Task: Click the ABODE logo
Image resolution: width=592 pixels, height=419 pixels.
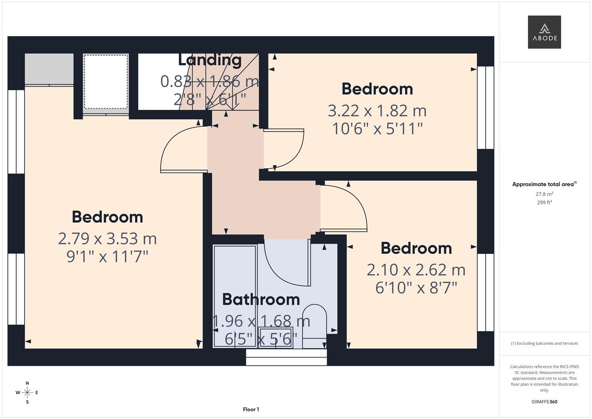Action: tap(544, 32)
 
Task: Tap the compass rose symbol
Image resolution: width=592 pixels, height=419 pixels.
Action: tap(27, 393)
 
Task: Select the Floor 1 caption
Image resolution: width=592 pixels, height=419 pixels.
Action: tap(251, 409)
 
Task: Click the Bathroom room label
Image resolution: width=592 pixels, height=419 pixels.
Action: tap(261, 300)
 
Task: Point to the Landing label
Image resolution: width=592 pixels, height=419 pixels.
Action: tap(210, 60)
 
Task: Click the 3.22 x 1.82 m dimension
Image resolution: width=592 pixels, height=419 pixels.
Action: tap(377, 111)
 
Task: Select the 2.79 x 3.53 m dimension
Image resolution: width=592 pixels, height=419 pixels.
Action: tap(107, 239)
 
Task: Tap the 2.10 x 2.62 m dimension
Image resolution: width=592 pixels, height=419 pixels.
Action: tap(416, 270)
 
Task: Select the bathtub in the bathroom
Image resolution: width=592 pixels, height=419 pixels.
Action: tap(235, 295)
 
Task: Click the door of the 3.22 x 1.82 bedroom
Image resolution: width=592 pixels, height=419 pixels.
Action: tap(285, 147)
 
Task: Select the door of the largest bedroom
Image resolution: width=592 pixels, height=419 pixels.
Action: tap(182, 151)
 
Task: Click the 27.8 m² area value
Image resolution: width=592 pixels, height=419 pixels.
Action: tap(544, 194)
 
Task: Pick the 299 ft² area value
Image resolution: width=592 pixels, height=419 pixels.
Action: tap(544, 203)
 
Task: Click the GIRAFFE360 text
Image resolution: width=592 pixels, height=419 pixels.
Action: tap(544, 402)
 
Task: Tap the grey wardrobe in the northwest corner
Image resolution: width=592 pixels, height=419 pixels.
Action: tap(49, 69)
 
